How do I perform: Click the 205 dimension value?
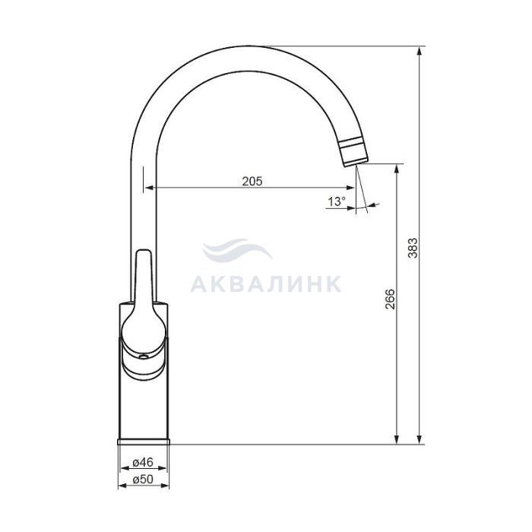252,181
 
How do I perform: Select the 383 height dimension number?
413,248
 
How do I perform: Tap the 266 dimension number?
391,299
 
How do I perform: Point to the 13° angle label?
336,201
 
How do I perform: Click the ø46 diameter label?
143,462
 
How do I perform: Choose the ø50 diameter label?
143,479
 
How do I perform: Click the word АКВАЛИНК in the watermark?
266,284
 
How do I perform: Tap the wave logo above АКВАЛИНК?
237,250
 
